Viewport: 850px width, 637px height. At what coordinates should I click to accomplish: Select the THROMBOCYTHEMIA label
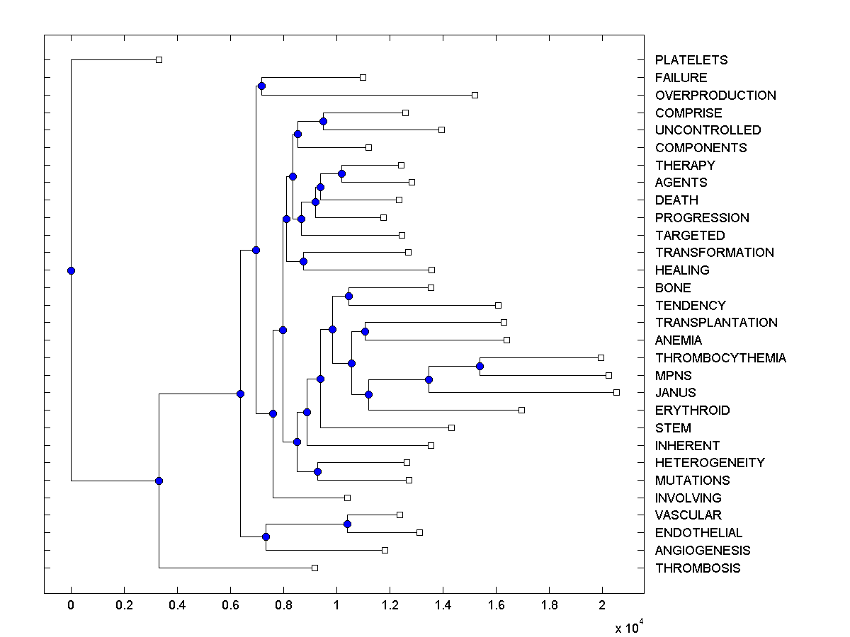(720, 358)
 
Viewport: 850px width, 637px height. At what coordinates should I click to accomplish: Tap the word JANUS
(675, 393)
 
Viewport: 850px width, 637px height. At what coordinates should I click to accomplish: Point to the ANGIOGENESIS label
(703, 551)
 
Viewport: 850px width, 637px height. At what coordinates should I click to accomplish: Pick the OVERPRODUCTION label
(715, 96)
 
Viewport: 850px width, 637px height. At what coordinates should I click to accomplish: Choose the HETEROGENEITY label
(710, 463)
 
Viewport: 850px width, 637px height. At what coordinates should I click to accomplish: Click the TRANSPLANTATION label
(716, 323)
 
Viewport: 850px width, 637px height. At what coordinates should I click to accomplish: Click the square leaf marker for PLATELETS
(159, 59)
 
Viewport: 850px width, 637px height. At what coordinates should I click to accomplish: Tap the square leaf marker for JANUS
(616, 392)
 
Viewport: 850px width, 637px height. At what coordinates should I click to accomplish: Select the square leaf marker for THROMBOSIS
(315, 568)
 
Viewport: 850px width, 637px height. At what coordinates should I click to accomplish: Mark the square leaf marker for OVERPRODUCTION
(475, 95)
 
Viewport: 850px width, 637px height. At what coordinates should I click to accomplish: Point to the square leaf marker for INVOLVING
(347, 498)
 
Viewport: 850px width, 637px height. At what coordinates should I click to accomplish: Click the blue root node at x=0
(71, 270)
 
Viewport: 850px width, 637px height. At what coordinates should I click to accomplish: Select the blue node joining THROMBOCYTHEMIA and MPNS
(480, 366)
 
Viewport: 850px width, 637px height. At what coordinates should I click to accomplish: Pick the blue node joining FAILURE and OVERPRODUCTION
(261, 86)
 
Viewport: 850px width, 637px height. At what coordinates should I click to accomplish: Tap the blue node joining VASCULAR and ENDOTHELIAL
(347, 524)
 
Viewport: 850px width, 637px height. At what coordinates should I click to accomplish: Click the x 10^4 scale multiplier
(628, 626)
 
